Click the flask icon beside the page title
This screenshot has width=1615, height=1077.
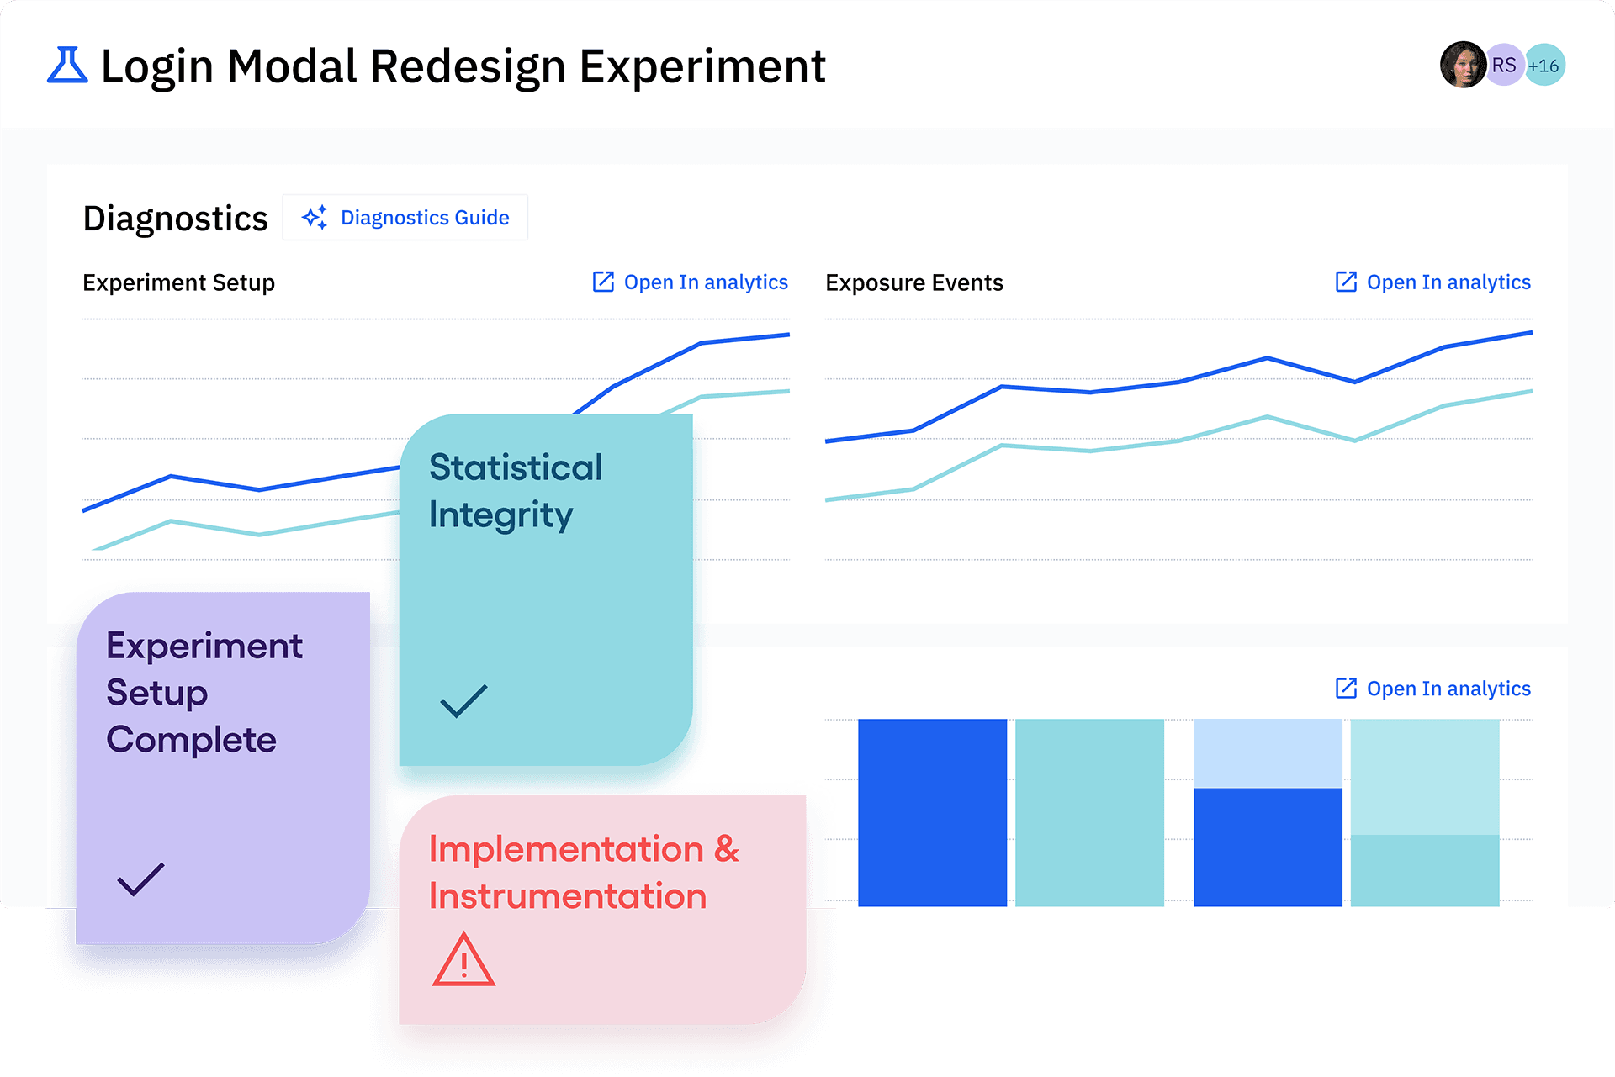(67, 66)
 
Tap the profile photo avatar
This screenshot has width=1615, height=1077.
(1462, 65)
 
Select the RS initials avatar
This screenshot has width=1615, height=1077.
(1504, 65)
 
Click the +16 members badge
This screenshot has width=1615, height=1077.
(1544, 65)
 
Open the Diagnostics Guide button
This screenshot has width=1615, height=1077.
(405, 218)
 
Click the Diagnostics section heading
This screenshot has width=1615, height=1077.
(175, 219)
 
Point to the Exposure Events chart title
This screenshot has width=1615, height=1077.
(913, 282)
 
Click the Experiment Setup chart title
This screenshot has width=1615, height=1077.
(178, 282)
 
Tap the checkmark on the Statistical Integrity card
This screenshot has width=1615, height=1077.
(463, 700)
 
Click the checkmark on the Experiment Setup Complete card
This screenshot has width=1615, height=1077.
(140, 879)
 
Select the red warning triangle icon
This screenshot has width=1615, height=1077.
(463, 959)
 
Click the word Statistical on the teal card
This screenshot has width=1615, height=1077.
(516, 467)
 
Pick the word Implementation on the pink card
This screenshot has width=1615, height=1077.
(566, 849)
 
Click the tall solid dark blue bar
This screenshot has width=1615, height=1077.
(932, 812)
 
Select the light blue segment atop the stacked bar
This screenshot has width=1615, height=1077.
(1268, 753)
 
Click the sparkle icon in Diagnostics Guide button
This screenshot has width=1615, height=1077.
(315, 218)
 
